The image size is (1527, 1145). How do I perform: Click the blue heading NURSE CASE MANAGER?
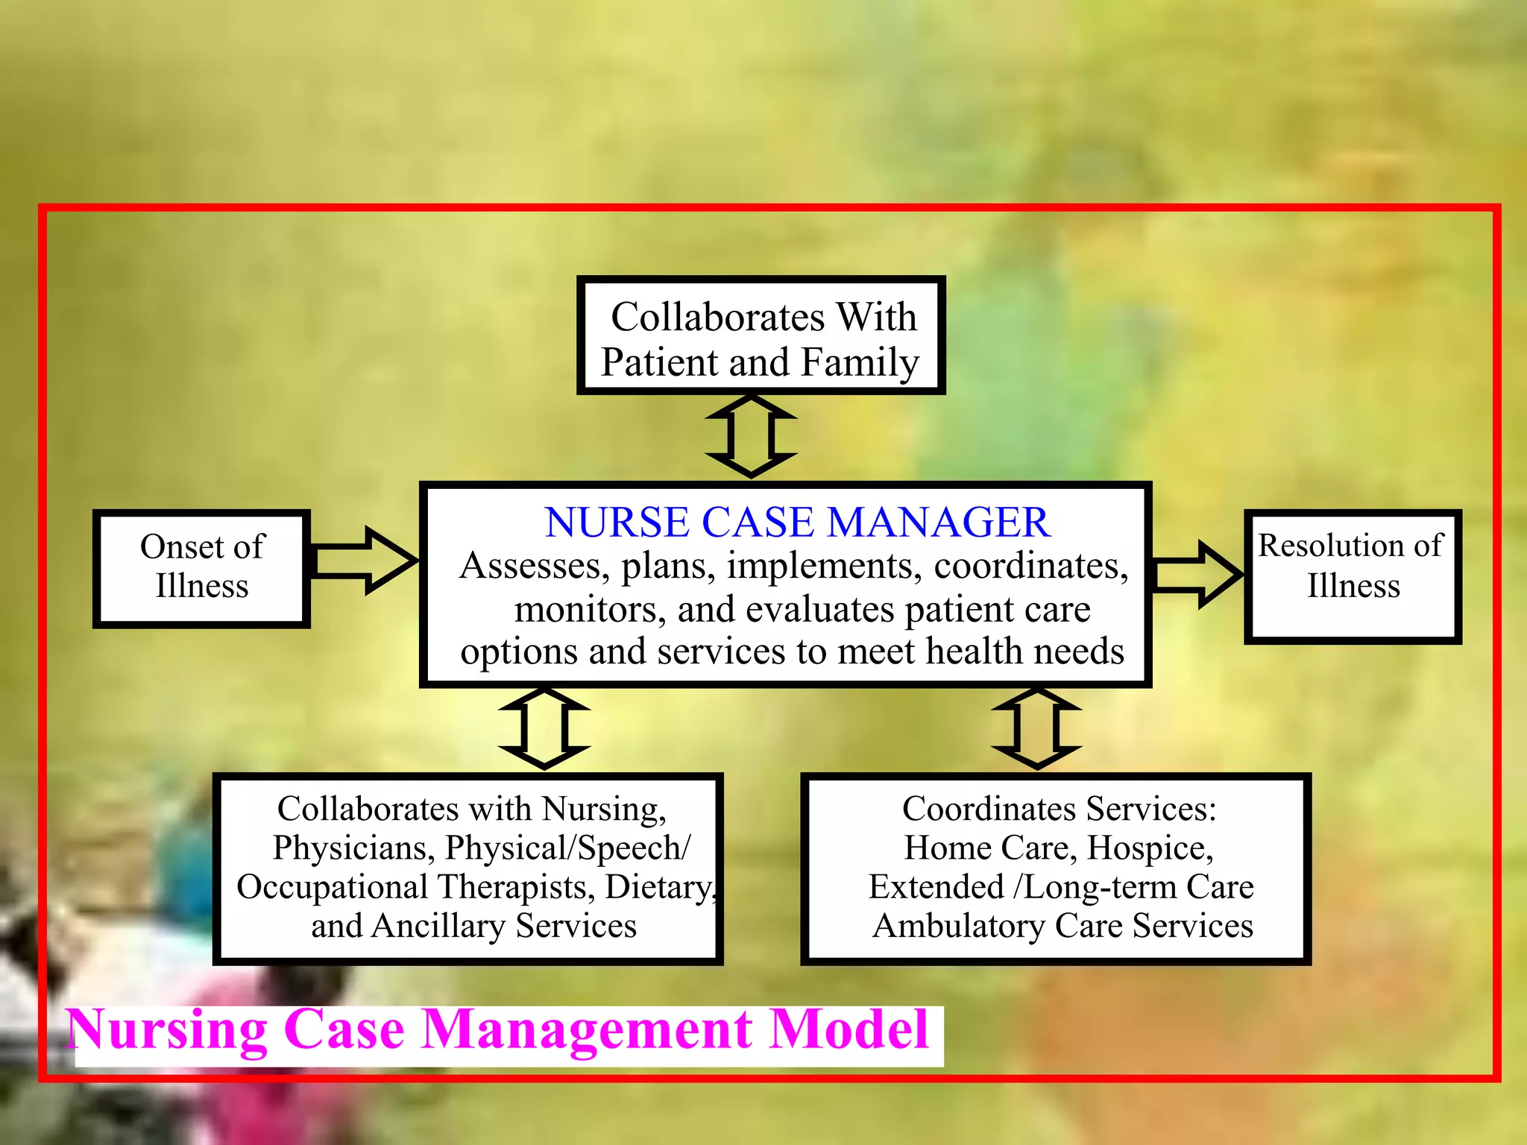pyautogui.click(x=796, y=523)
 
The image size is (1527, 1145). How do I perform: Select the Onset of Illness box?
pyautogui.click(x=201, y=568)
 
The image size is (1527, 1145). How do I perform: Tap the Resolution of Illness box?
pyautogui.click(x=1352, y=575)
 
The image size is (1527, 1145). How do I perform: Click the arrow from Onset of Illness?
pyautogui.click(x=364, y=561)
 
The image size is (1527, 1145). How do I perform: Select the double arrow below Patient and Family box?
pyautogui.click(x=751, y=437)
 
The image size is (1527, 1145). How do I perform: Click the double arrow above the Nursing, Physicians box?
pyautogui.click(x=544, y=728)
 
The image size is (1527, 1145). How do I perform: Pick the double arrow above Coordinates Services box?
pyautogui.click(x=1036, y=728)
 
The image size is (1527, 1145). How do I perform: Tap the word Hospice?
pyautogui.click(x=1149, y=848)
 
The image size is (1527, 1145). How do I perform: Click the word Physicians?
pyautogui.click(x=353, y=848)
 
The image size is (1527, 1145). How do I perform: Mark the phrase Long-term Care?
pyautogui.click(x=1139, y=887)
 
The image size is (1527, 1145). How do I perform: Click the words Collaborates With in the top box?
pyautogui.click(x=763, y=318)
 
